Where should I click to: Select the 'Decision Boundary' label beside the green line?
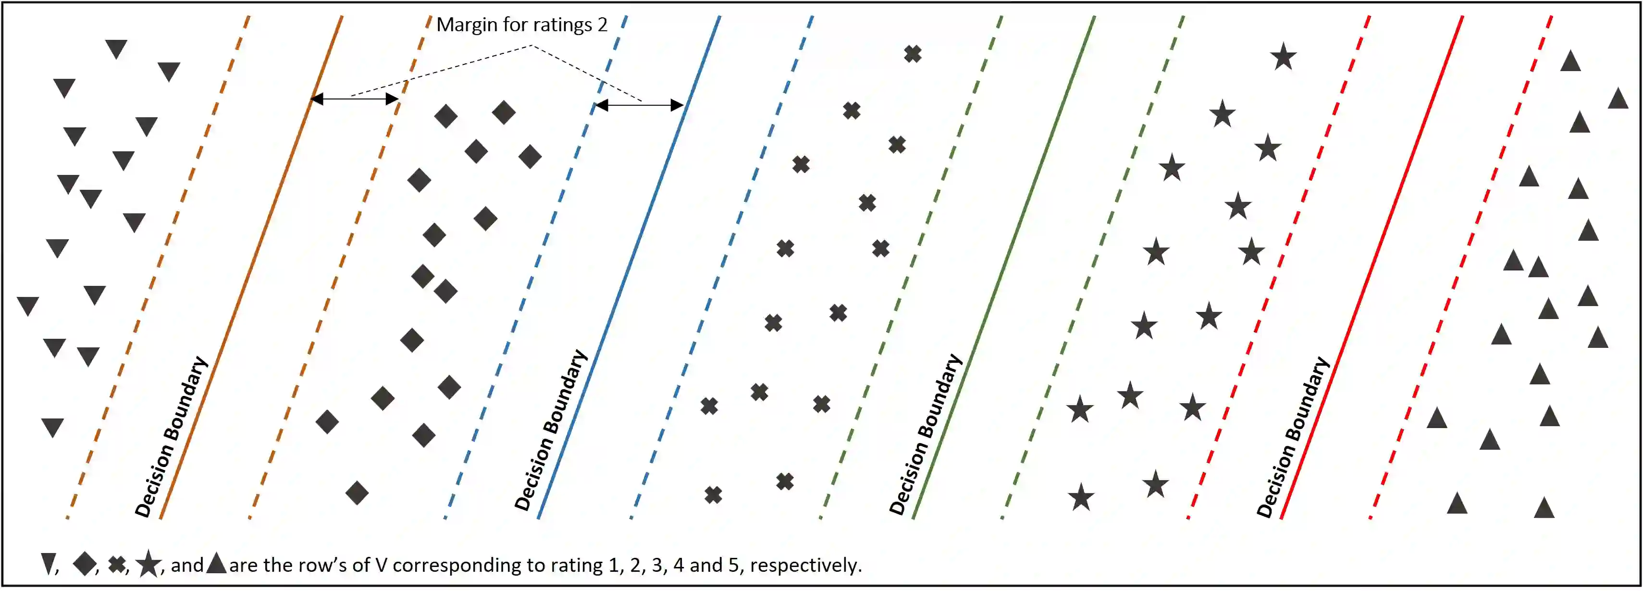click(926, 435)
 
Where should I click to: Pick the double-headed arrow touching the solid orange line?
click(355, 99)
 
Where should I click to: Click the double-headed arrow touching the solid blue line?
click(639, 105)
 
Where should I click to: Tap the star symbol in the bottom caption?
click(148, 564)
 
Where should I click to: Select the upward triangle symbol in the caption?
click(216, 563)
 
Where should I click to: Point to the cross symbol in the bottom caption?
click(117, 564)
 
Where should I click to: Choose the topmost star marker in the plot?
click(1283, 57)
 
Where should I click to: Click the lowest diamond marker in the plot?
click(357, 492)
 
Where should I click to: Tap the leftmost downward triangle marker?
click(27, 306)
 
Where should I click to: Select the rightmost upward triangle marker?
click(1618, 99)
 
